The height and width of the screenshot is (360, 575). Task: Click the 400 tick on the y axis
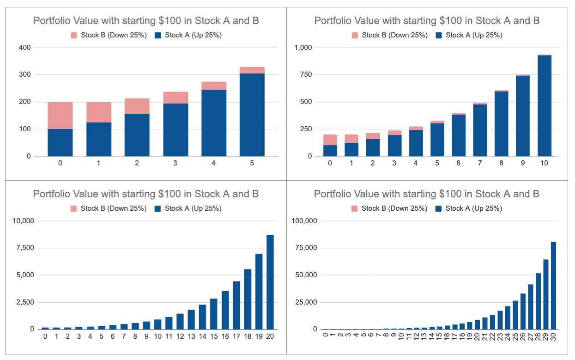(x=24, y=48)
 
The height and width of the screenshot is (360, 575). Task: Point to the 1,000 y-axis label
(x=303, y=48)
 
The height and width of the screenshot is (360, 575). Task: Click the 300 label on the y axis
(x=24, y=75)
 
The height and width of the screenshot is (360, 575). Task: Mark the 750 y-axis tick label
(x=306, y=75)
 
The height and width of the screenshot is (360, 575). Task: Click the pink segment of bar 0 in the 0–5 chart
(x=60, y=115)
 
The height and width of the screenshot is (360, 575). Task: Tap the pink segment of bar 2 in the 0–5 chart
(x=137, y=106)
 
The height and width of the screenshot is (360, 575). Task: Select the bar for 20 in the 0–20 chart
(x=270, y=282)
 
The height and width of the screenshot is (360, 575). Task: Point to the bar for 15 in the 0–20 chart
(x=214, y=314)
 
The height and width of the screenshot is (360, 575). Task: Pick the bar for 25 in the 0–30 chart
(x=515, y=315)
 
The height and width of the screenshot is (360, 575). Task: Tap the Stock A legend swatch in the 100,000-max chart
(x=438, y=208)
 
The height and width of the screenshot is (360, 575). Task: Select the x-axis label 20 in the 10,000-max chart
(x=270, y=336)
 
